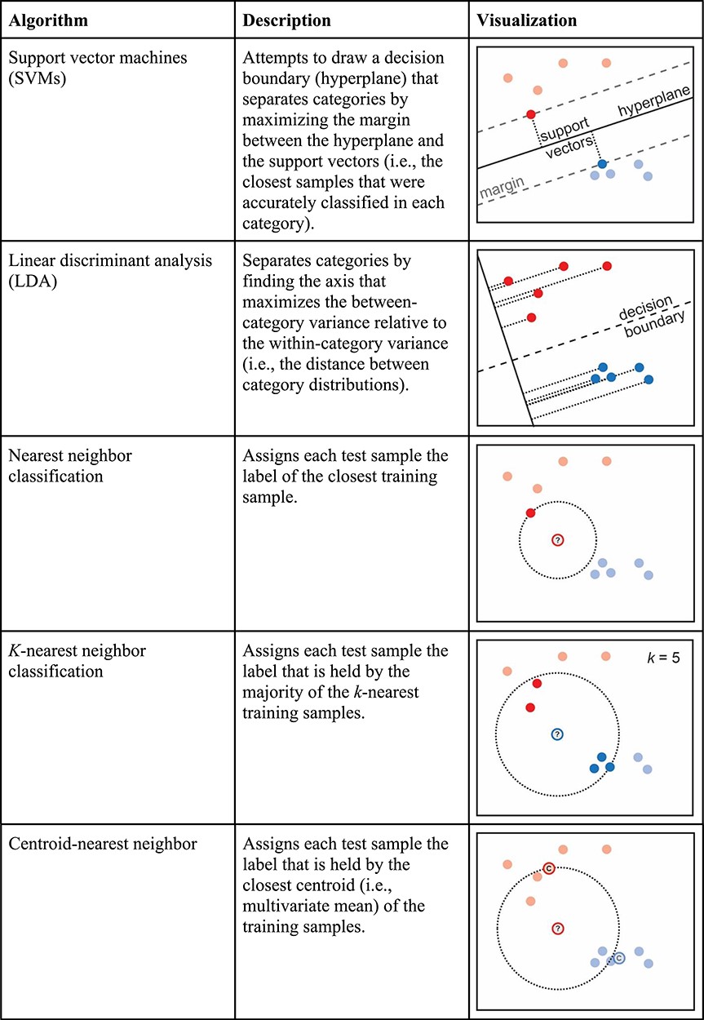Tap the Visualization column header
[x=527, y=20]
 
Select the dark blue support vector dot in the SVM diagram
[x=602, y=164]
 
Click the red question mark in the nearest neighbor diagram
[x=557, y=540]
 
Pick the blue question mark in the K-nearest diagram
[x=557, y=734]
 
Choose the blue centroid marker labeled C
[x=619, y=958]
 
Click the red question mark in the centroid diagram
[x=557, y=928]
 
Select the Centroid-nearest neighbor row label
[x=103, y=844]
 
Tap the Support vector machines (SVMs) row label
[x=93, y=69]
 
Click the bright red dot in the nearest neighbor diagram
[x=531, y=512]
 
